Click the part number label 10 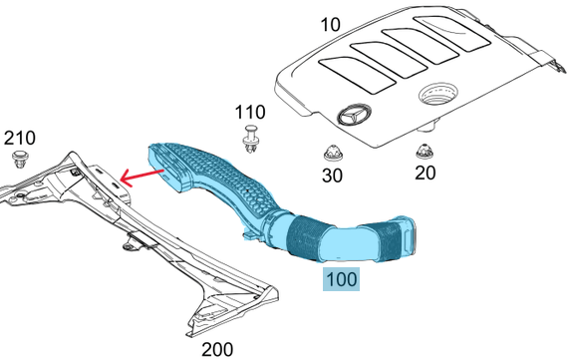[331, 25]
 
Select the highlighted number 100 [342, 279]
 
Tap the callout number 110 [250, 113]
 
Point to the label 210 [20, 138]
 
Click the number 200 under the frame [217, 349]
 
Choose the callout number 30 [332, 176]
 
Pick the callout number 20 [425, 173]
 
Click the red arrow [142, 176]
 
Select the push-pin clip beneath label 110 [250, 139]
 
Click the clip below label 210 [21, 159]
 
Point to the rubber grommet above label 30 [332, 153]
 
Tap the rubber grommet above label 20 [425, 151]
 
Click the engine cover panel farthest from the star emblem [452, 32]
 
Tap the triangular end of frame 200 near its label [232, 309]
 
